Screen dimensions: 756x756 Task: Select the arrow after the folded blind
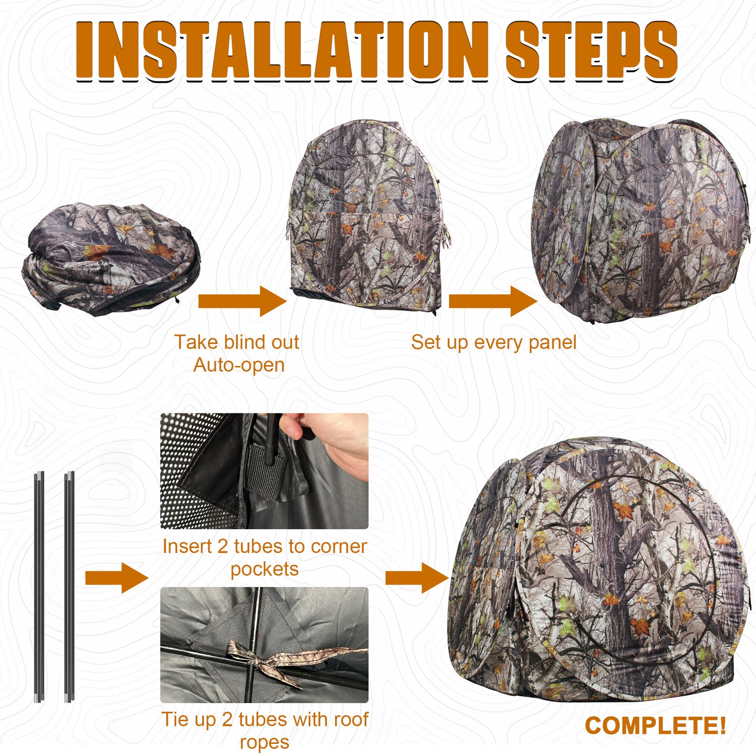tap(242, 301)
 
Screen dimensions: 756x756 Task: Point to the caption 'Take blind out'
tap(237, 342)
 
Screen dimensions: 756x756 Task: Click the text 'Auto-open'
tap(239, 365)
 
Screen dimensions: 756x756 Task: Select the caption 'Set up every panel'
tap(493, 343)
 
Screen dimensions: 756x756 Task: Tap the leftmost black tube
tap(39, 585)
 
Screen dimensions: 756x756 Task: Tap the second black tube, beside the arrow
tap(70, 585)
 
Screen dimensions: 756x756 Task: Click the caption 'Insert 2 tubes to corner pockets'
tap(265, 557)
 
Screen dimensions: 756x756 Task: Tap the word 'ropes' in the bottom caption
tap(265, 742)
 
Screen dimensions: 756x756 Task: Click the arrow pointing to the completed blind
tap(416, 578)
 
